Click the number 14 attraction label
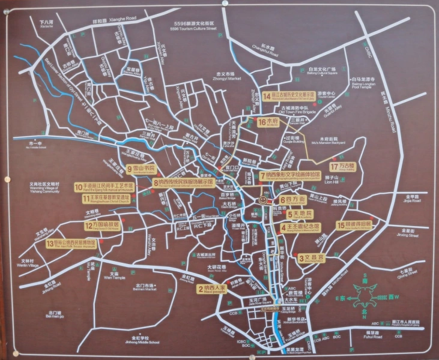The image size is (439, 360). coord(288,96)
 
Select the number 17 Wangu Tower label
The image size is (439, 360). coord(343,166)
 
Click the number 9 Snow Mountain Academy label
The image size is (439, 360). coord(141,169)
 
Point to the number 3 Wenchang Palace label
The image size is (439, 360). coord(310,259)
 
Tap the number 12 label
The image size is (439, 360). coord(102,226)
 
